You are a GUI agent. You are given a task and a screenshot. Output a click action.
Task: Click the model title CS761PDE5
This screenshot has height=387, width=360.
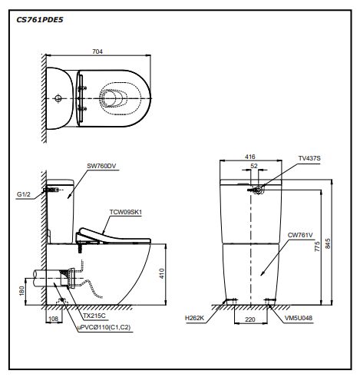coord(40,20)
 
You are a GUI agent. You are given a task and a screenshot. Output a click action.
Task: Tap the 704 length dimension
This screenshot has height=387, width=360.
coord(97,51)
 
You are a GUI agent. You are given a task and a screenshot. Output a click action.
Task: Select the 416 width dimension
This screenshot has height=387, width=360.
coord(250,157)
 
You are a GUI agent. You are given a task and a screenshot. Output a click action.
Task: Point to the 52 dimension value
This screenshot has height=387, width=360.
coord(254,166)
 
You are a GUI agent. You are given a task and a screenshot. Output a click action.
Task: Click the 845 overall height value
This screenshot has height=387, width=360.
coord(328,243)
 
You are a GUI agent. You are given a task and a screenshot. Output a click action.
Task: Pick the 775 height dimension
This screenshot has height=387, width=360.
coord(317,246)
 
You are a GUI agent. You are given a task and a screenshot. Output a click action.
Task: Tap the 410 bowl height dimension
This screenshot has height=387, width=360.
coord(162,273)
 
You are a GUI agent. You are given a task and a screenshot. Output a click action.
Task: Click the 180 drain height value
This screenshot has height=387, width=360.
coord(21,291)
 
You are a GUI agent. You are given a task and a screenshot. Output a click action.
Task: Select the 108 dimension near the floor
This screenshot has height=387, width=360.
coord(54,319)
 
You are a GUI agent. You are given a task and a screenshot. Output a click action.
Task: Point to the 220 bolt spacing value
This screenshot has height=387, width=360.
coord(250,319)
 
